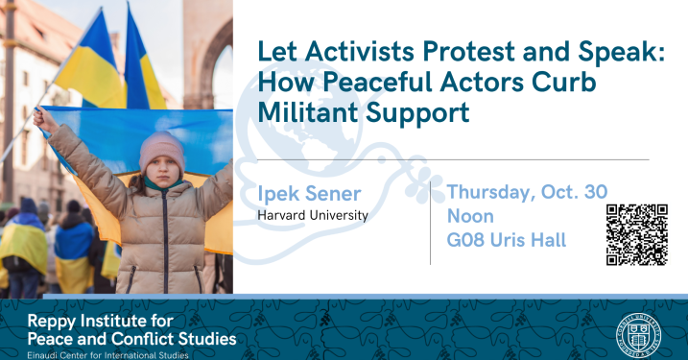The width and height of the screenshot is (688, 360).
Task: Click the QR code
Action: click(636, 233)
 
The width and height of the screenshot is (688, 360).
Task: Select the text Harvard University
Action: click(312, 216)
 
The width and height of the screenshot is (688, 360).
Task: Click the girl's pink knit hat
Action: click(161, 148)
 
